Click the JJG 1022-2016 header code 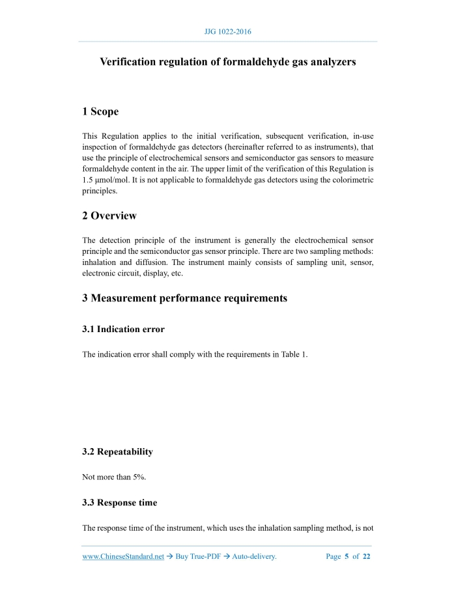(228, 31)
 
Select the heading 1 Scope (100, 112)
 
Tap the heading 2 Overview (109, 216)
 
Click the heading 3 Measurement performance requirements (184, 298)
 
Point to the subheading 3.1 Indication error (123, 330)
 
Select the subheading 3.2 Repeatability (117, 452)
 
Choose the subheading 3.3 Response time (119, 503)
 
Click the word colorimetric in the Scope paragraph (352, 179)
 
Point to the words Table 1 (293, 354)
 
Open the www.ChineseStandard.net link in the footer (123, 557)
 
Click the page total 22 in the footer (367, 557)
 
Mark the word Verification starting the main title (129, 62)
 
